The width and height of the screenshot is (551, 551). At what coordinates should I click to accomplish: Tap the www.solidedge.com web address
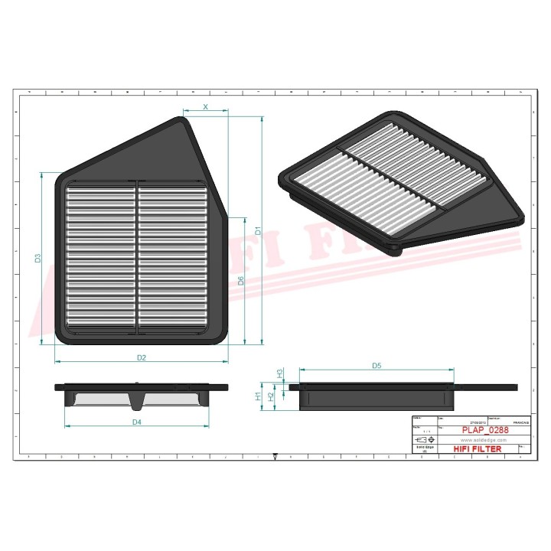click(484, 441)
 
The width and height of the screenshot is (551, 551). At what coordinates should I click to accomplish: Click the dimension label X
click(205, 107)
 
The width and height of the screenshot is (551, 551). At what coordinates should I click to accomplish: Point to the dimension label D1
click(258, 229)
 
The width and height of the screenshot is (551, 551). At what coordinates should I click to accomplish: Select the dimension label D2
click(141, 358)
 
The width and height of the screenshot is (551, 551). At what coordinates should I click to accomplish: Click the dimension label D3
click(38, 258)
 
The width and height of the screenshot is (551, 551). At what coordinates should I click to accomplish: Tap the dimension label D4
click(136, 422)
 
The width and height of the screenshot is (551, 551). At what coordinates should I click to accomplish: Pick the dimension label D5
click(377, 366)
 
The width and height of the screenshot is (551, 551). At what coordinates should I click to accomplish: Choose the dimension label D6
click(241, 280)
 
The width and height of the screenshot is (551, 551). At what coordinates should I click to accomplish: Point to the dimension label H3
click(280, 373)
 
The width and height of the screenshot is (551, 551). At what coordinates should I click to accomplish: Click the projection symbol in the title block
click(422, 441)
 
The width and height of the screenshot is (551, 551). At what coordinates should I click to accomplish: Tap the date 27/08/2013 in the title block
click(478, 422)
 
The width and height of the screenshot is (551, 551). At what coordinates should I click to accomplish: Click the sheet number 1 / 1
click(422, 432)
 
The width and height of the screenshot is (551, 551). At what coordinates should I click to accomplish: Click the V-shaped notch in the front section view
click(136, 402)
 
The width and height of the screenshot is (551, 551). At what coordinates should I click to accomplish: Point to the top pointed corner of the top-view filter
click(184, 118)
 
